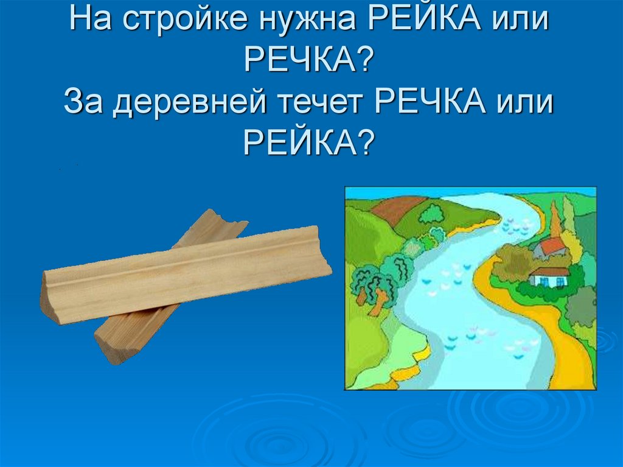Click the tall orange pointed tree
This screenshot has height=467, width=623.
[x=555, y=219]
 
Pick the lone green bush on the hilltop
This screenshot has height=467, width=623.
[x=432, y=214]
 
